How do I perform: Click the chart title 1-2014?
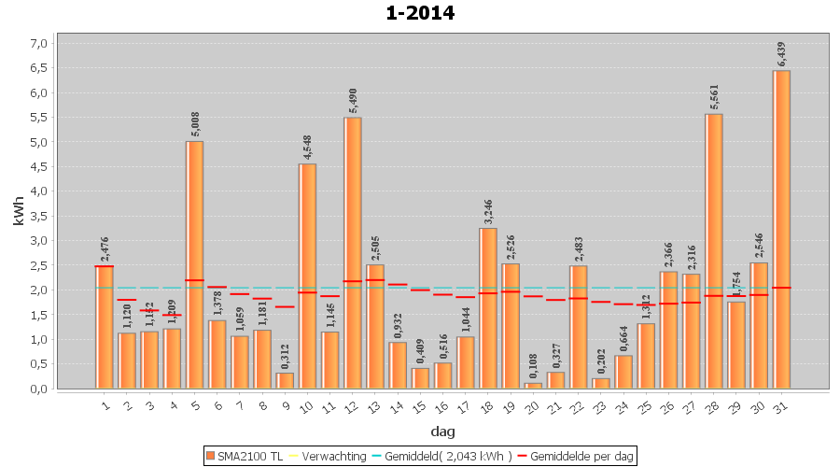[x=420, y=13]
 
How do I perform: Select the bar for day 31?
[x=781, y=229]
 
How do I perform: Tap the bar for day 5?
[x=194, y=264]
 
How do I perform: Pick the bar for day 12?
[x=353, y=252]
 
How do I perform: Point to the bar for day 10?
[x=307, y=276]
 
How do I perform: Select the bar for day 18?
[x=488, y=308]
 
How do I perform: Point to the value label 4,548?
[x=307, y=147]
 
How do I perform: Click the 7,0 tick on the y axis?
[x=38, y=43]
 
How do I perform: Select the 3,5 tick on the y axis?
[x=38, y=216]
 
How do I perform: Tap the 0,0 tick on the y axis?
[x=38, y=389]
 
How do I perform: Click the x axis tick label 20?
[x=532, y=405]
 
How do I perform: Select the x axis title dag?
[x=442, y=432]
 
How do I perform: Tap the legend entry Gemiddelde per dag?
[x=580, y=456]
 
